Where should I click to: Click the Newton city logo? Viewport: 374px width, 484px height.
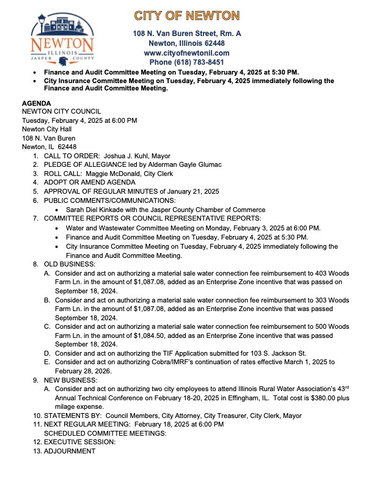pyautogui.click(x=62, y=40)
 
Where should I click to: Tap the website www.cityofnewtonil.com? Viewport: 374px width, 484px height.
pyautogui.click(x=187, y=53)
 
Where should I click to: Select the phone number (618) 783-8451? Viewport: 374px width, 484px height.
pyautogui.click(x=187, y=62)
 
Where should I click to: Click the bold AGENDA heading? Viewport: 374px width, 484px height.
pyautogui.click(x=37, y=103)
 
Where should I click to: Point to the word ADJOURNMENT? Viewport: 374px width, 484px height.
pyautogui.click(x=69, y=451)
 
